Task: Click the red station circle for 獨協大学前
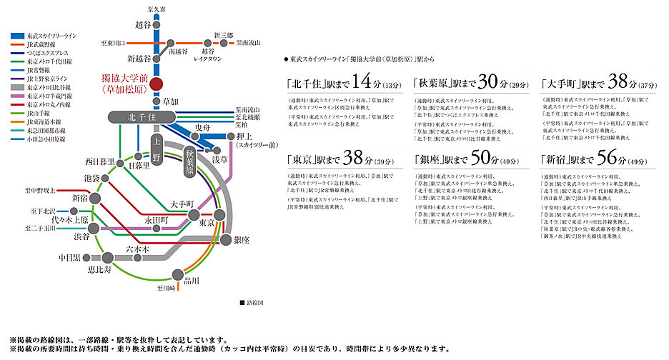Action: (x=156, y=84)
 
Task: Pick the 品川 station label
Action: (x=192, y=280)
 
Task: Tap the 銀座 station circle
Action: (x=227, y=239)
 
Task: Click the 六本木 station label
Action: (x=137, y=248)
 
